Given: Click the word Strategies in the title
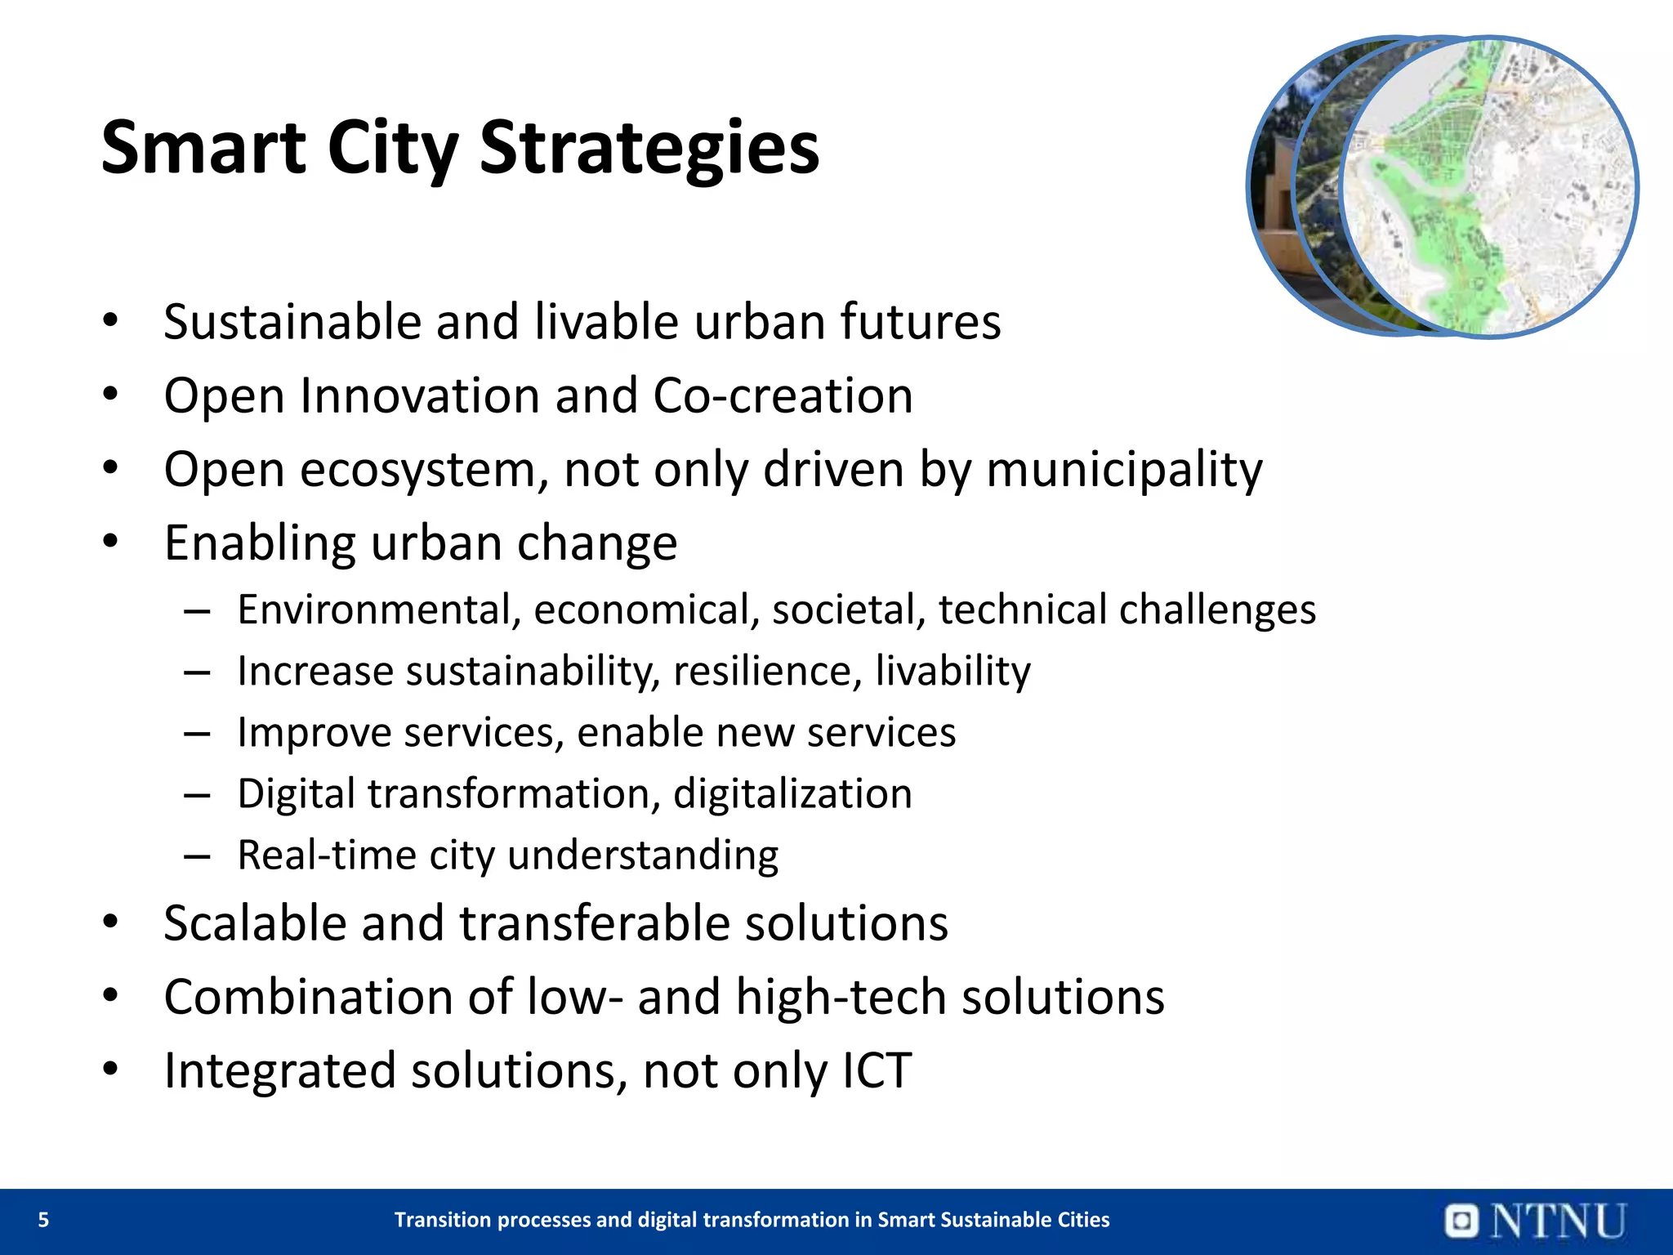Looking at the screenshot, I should pyautogui.click(x=649, y=149).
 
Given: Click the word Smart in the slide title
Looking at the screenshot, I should pyautogui.click(x=203, y=149).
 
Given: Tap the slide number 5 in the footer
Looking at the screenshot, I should pyautogui.click(x=44, y=1220).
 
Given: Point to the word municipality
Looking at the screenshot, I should pyautogui.click(x=1124, y=470).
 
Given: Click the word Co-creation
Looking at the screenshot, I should pyautogui.click(x=783, y=396).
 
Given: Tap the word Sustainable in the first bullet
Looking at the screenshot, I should pyautogui.click(x=292, y=322).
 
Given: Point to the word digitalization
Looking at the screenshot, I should pyautogui.click(x=792, y=794).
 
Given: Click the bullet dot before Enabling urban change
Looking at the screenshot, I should pyautogui.click(x=111, y=542).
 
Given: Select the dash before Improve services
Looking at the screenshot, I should pyautogui.click(x=198, y=734).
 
